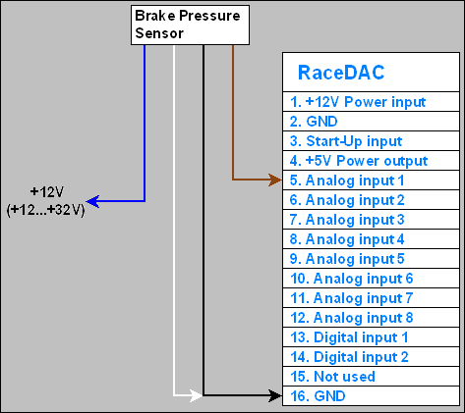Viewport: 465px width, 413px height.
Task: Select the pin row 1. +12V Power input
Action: (x=358, y=102)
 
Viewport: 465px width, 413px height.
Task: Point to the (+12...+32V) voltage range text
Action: (x=45, y=209)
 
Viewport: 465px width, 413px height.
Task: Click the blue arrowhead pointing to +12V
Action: (x=94, y=201)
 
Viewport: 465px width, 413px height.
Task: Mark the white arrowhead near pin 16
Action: (x=195, y=396)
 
